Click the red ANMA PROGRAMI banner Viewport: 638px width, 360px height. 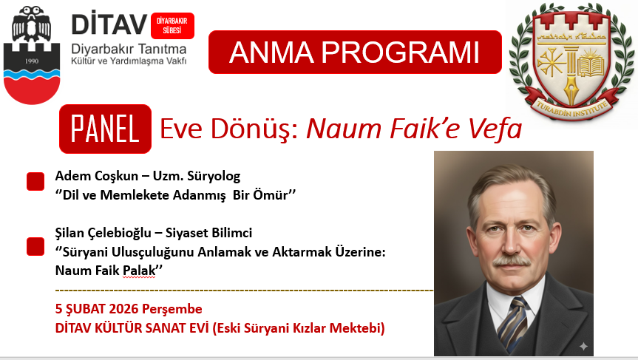(355, 52)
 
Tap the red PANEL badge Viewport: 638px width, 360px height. (106, 129)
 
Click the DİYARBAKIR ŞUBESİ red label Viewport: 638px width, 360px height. (172, 26)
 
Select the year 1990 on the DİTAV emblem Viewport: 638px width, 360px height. (32, 61)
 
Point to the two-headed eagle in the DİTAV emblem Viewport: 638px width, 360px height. (31, 24)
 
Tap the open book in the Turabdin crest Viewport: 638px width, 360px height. (591, 67)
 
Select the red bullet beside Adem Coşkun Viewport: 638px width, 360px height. (35, 181)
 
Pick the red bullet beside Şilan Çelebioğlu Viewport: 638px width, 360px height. (35, 247)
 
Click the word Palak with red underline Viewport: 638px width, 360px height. (139, 271)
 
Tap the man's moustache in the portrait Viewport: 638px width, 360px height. (512, 261)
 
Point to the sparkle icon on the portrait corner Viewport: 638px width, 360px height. (583, 346)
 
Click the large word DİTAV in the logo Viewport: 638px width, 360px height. (109, 24)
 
